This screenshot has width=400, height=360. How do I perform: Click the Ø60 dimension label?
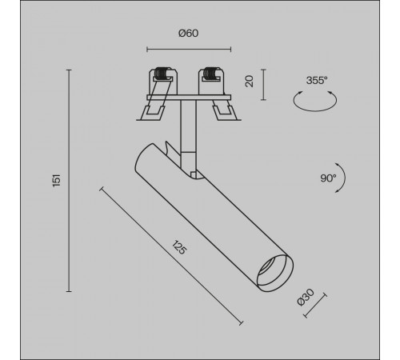pyautogui.click(x=188, y=34)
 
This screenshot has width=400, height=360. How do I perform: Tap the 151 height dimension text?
pyautogui.click(x=57, y=181)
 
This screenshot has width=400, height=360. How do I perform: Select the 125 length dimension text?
pyautogui.click(x=179, y=247)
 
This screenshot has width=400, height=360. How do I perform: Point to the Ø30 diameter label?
pyautogui.click(x=306, y=298)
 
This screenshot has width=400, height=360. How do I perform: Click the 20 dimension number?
pyautogui.click(x=249, y=82)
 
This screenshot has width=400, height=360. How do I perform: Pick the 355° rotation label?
pyautogui.click(x=317, y=80)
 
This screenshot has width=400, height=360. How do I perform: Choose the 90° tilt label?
pyautogui.click(x=328, y=178)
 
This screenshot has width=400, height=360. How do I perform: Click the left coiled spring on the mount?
pyautogui.click(x=162, y=74)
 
